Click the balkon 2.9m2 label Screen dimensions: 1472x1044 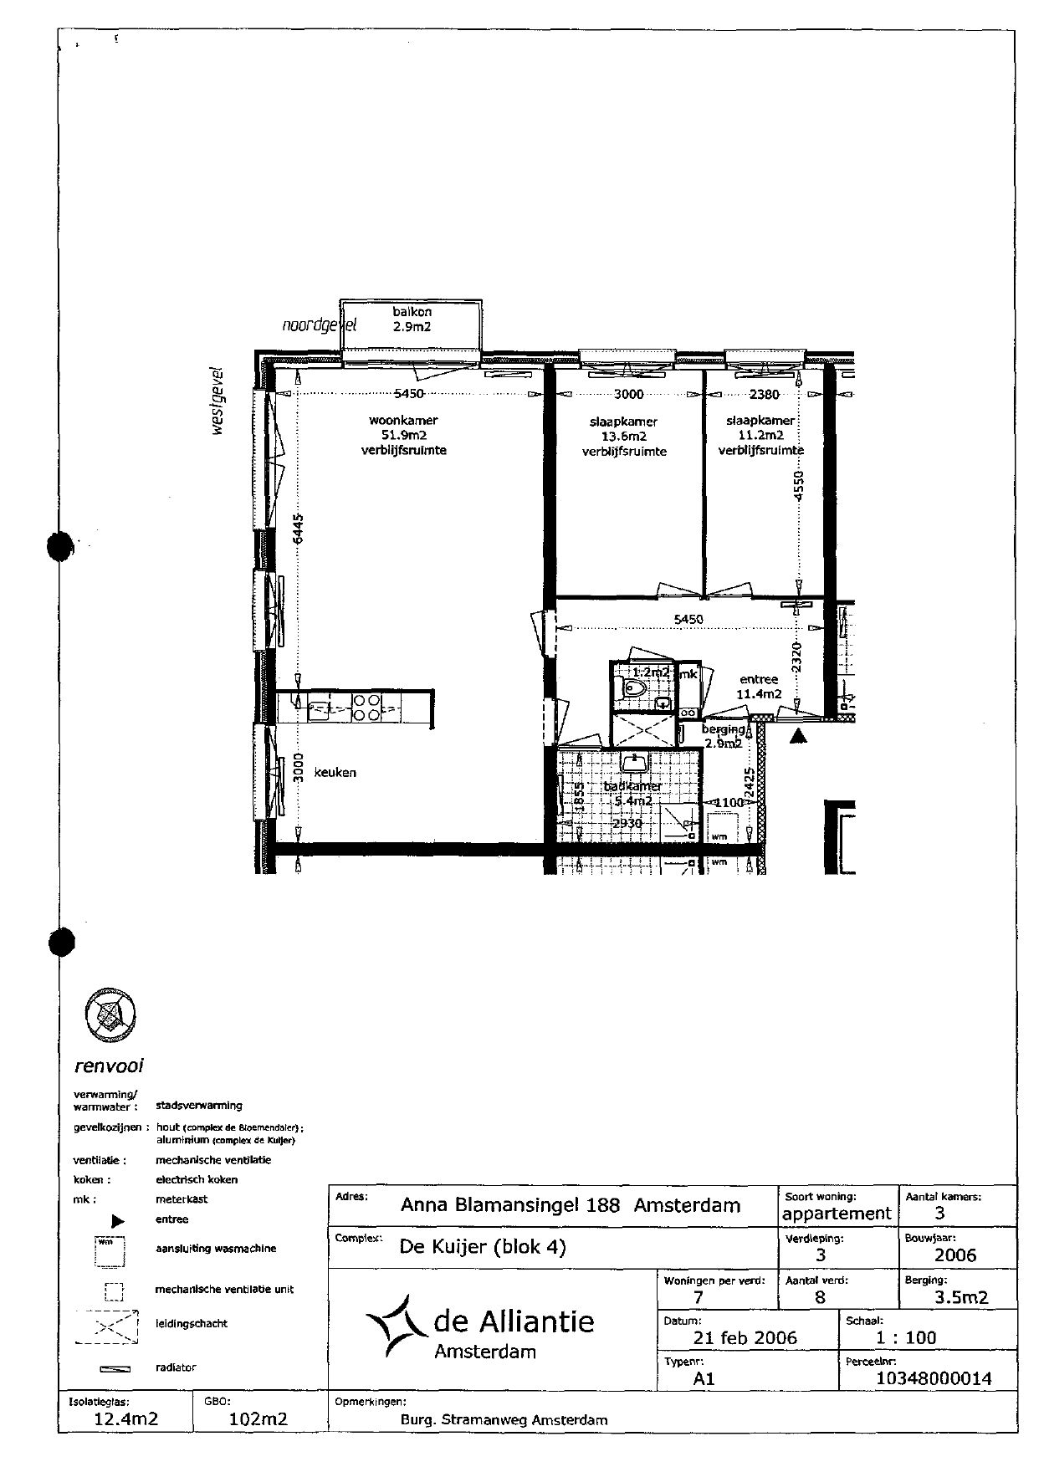412,319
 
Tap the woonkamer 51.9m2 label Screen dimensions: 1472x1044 403,436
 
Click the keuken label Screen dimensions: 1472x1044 335,772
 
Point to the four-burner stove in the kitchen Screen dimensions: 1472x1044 365,708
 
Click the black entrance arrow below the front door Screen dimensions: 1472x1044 799,735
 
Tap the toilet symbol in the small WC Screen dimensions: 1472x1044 633,689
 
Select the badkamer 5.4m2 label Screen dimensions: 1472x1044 633,794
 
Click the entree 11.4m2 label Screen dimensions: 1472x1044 759,687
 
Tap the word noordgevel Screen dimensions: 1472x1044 319,325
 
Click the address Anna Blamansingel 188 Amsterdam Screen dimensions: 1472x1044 571,1205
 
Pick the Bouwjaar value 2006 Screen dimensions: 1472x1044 954,1255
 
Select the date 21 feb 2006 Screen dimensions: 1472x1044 745,1337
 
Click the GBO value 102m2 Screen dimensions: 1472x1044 258,1418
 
